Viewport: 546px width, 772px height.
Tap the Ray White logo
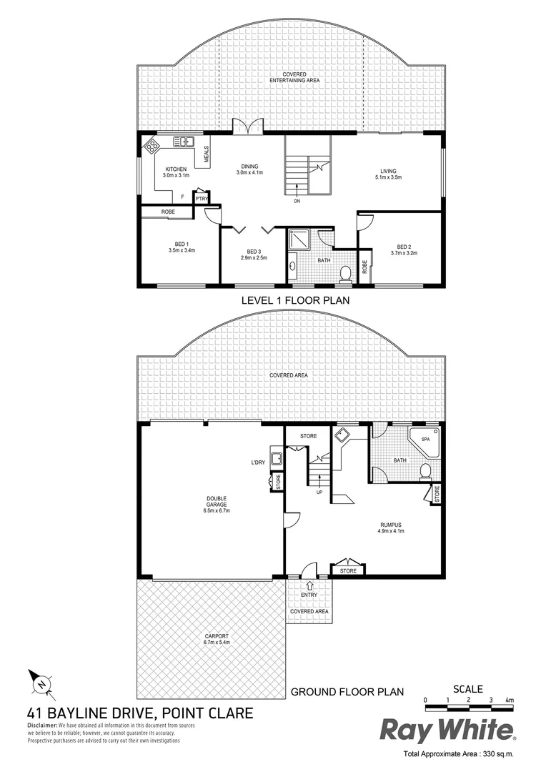point(447,731)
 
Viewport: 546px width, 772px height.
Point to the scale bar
point(467,708)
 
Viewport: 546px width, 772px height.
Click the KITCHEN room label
point(175,169)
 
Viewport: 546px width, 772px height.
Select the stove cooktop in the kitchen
point(153,147)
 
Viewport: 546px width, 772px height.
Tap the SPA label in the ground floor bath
point(425,438)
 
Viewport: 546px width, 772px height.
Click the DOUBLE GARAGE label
point(217,500)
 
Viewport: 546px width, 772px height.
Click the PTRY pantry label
point(202,199)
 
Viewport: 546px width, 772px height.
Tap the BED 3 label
point(254,251)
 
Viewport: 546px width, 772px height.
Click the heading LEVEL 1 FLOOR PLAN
point(294,301)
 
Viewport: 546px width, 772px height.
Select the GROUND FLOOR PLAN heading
point(347,692)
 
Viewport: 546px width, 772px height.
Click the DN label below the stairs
point(297,202)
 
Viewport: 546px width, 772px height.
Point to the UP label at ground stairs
point(319,492)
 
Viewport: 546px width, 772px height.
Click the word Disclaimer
point(42,725)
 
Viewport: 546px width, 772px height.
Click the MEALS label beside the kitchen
point(207,154)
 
